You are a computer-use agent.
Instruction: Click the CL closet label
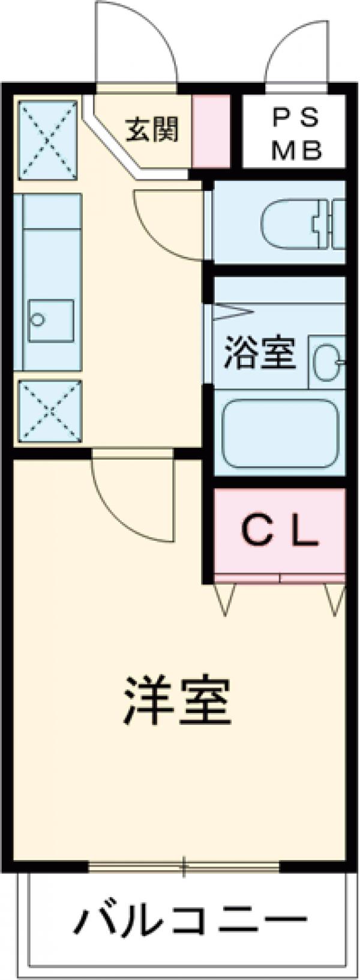(280, 531)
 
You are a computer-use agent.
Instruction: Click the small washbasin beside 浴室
(328, 362)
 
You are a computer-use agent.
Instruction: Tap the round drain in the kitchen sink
(38, 320)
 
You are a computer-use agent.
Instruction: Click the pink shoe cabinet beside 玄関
(211, 132)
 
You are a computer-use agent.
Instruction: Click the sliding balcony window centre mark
(185, 866)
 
